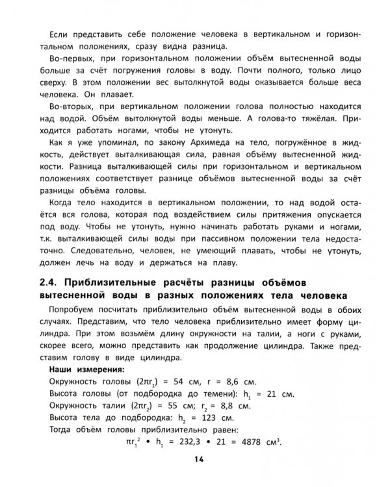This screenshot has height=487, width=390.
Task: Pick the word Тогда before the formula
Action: pos(63,431)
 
